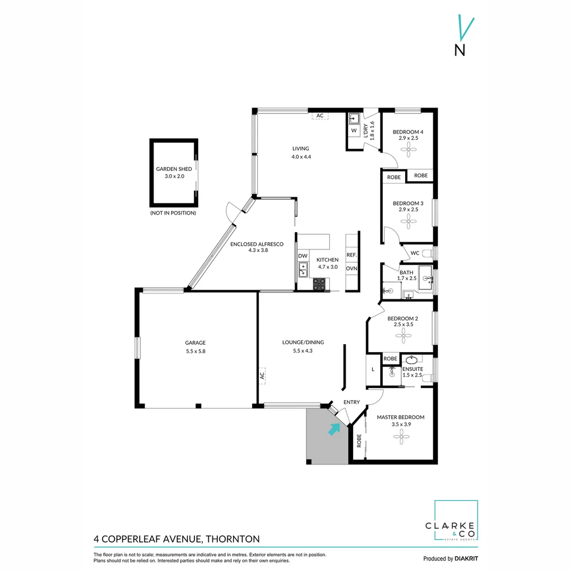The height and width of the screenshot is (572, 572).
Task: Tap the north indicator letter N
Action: point(460,50)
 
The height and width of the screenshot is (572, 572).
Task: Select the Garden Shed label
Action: point(174,169)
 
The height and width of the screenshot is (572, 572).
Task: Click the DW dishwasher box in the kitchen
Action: point(302,256)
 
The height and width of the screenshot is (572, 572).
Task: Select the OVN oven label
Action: point(352,269)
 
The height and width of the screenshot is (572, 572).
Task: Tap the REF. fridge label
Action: point(352,255)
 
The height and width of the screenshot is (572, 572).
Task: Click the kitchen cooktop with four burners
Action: point(319,284)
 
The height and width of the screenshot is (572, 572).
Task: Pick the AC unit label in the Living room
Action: point(320,115)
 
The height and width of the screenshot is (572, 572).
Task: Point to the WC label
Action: point(415,253)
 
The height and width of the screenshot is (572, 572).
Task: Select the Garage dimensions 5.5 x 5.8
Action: point(195,351)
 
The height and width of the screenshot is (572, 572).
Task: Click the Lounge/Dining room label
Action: point(302,342)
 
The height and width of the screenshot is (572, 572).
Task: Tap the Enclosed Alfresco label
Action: point(257,244)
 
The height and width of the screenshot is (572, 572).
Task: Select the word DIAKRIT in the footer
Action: point(467,559)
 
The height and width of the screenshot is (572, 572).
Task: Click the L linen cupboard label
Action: point(373,369)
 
